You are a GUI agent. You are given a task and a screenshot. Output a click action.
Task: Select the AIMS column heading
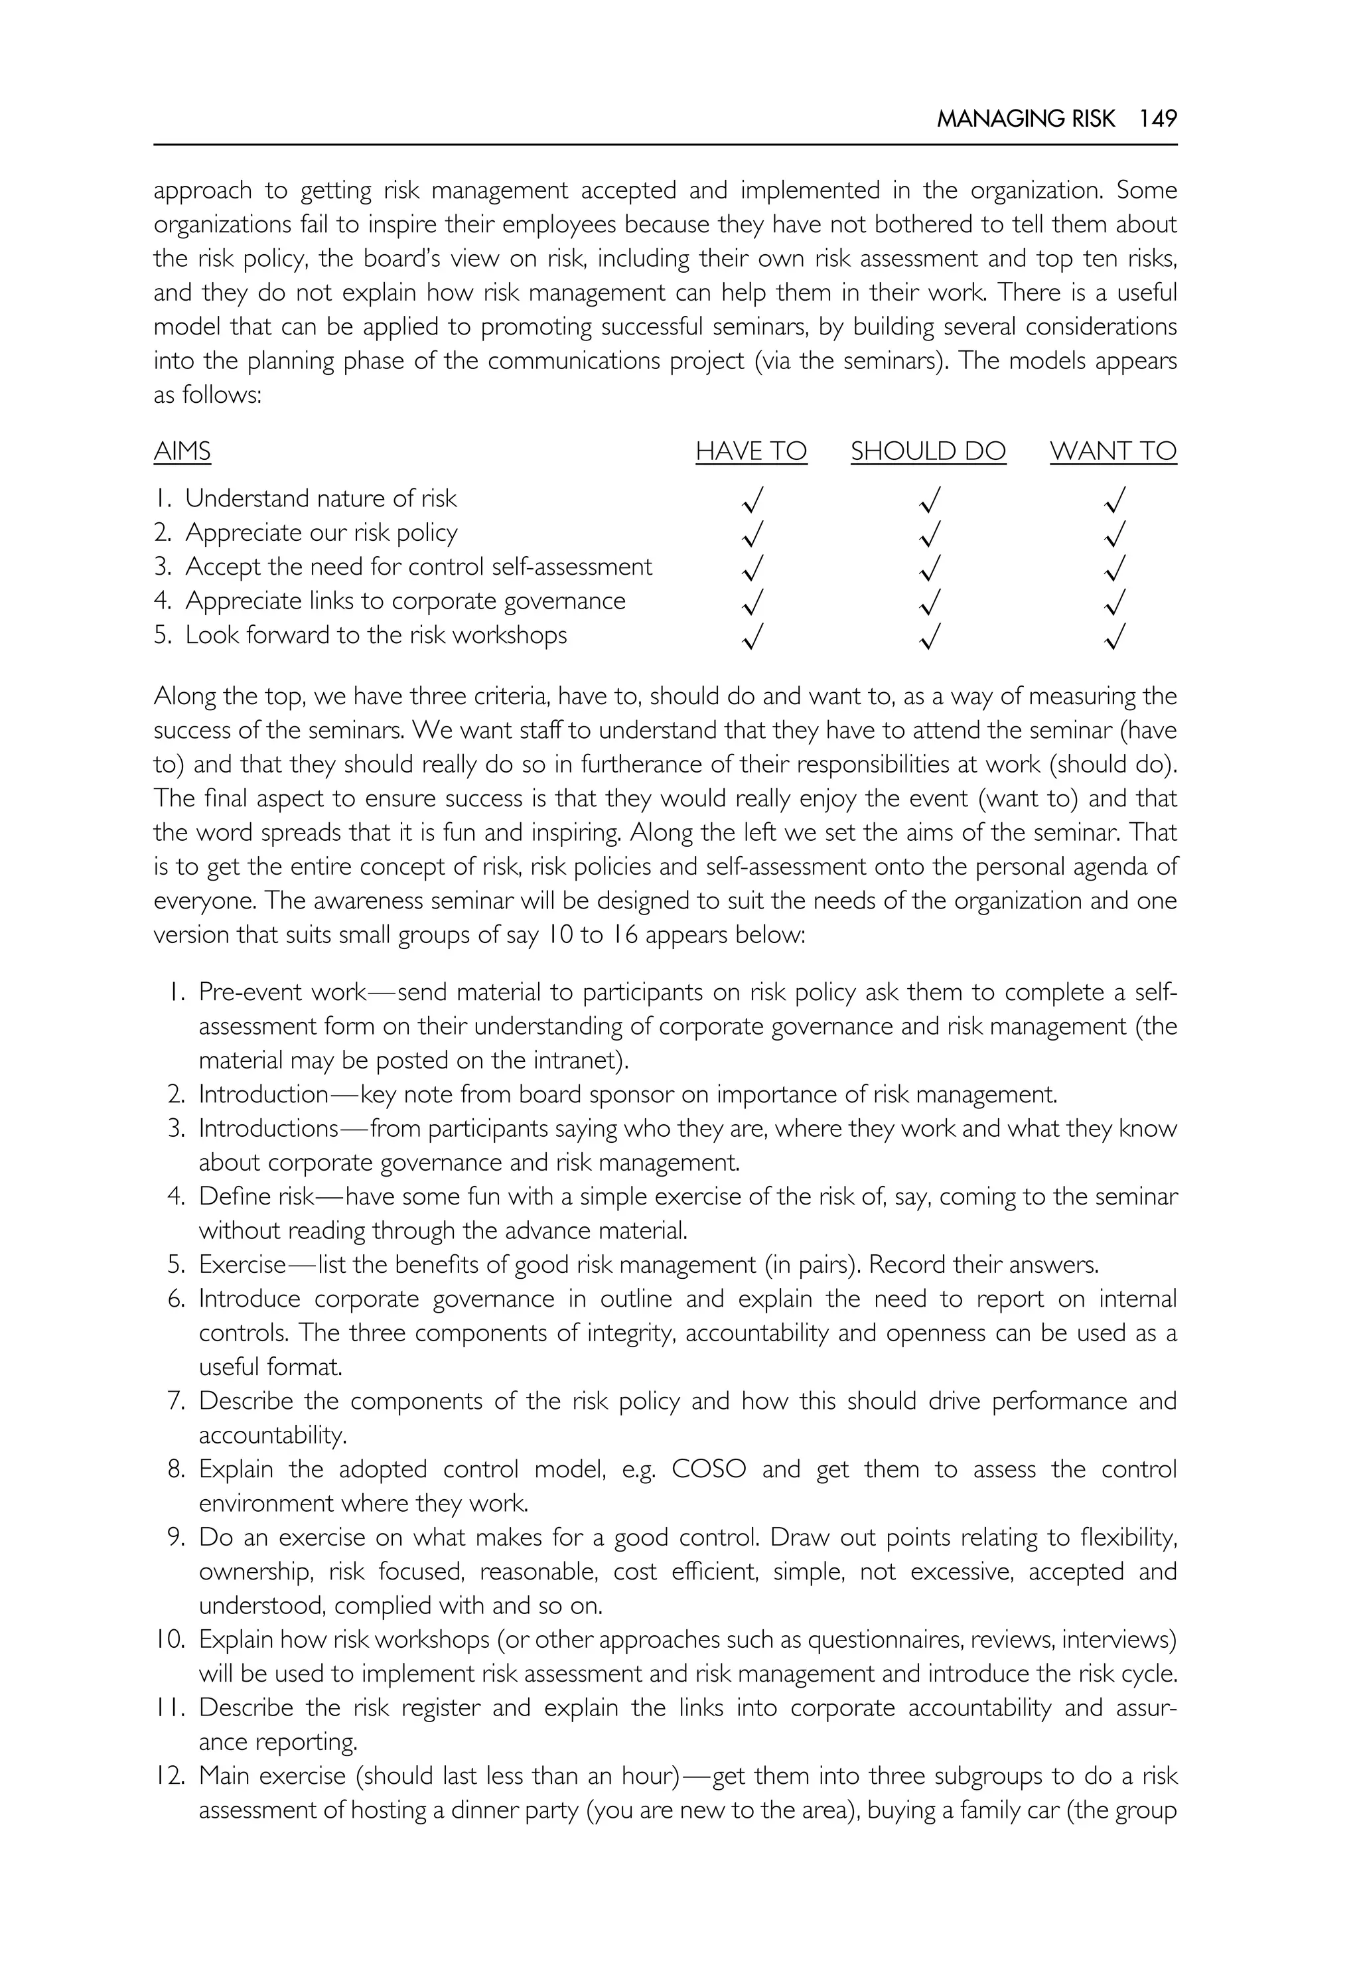point(182,451)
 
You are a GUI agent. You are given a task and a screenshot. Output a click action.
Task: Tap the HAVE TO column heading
point(751,451)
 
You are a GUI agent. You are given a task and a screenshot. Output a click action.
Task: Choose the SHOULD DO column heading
point(928,451)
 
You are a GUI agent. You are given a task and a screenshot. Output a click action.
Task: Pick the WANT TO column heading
point(1113,451)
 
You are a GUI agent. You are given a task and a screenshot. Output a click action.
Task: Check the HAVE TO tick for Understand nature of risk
point(752,499)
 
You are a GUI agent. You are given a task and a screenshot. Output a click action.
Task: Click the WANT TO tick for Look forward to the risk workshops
point(1115,636)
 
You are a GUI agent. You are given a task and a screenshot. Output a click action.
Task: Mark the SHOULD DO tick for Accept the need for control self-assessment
point(931,567)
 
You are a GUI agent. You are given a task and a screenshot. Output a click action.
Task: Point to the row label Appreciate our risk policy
point(321,532)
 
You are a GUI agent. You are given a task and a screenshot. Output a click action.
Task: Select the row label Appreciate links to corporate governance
point(405,601)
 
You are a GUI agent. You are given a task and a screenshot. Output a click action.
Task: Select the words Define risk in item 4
point(257,1197)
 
